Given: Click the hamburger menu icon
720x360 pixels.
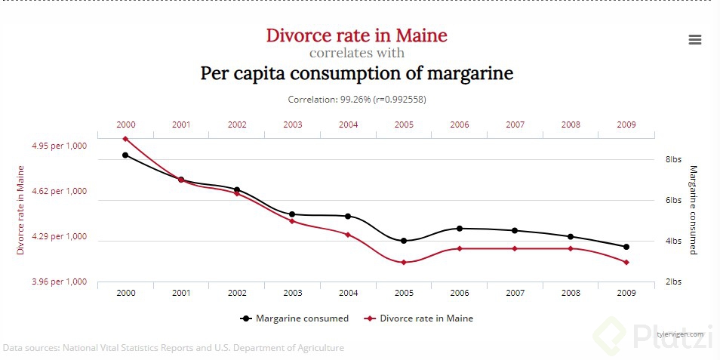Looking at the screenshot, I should [695, 40].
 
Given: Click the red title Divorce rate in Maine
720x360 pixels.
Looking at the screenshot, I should [356, 35].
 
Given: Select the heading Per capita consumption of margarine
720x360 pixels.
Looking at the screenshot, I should [356, 74].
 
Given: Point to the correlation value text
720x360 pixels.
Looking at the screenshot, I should [356, 99].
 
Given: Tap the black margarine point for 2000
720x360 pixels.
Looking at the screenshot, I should [125, 155].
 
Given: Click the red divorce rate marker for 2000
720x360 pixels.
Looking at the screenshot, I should [125, 139].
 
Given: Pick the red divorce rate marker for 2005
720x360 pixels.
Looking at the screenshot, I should [404, 262].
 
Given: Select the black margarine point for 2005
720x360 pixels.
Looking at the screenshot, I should [404, 241].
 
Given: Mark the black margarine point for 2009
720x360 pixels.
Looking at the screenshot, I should [626, 247].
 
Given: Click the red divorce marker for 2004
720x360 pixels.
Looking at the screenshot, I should [348, 235].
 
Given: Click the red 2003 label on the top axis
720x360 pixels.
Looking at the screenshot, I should [293, 125].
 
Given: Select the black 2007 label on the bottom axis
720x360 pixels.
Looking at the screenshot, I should [515, 293].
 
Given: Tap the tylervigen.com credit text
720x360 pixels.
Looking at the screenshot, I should [680, 334].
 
